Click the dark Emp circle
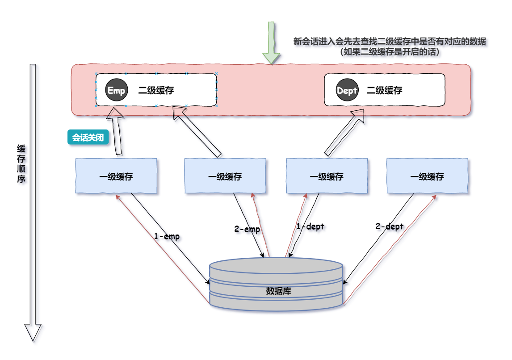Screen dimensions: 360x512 pos(117,90)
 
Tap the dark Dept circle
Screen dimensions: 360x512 pos(347,91)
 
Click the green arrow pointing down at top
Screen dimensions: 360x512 pos(271,42)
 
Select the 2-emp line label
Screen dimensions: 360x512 pos(247,229)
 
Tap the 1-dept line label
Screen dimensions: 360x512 pos(310,226)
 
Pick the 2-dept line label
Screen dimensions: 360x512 pos(389,226)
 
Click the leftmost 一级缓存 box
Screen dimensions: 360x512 pos(116,176)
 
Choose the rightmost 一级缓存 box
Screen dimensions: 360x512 pos(427,176)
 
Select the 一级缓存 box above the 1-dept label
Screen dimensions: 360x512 pos(327,176)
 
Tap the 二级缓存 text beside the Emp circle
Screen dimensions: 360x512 pos(156,91)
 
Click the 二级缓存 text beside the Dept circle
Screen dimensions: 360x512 pos(384,91)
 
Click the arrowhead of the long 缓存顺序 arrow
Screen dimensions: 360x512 pos(33,332)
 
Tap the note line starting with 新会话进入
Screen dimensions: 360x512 pos(389,42)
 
